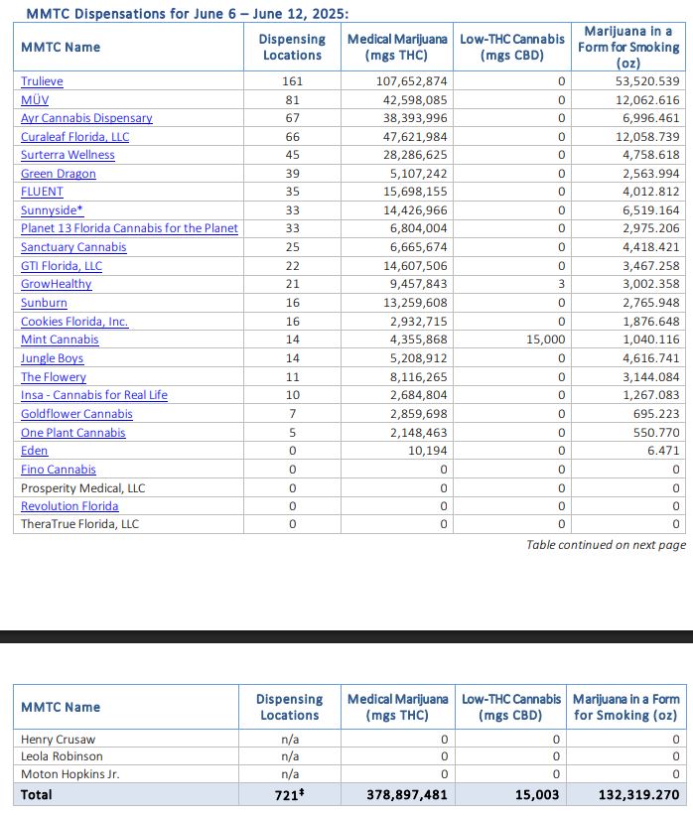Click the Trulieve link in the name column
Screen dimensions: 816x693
tap(42, 81)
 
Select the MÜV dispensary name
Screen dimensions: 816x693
tap(34, 100)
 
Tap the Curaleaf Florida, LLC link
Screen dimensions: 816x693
tap(74, 137)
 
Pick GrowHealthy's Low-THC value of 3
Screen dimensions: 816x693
tap(562, 284)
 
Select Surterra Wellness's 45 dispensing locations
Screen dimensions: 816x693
tap(292, 155)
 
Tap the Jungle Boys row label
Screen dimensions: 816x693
tap(52, 358)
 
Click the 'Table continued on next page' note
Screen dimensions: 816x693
tap(606, 545)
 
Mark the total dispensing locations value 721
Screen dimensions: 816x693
tap(290, 795)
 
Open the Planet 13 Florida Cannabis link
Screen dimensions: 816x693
tap(129, 228)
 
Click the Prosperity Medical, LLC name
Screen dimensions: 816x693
tap(82, 488)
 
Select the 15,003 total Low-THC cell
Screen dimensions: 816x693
tap(538, 795)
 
